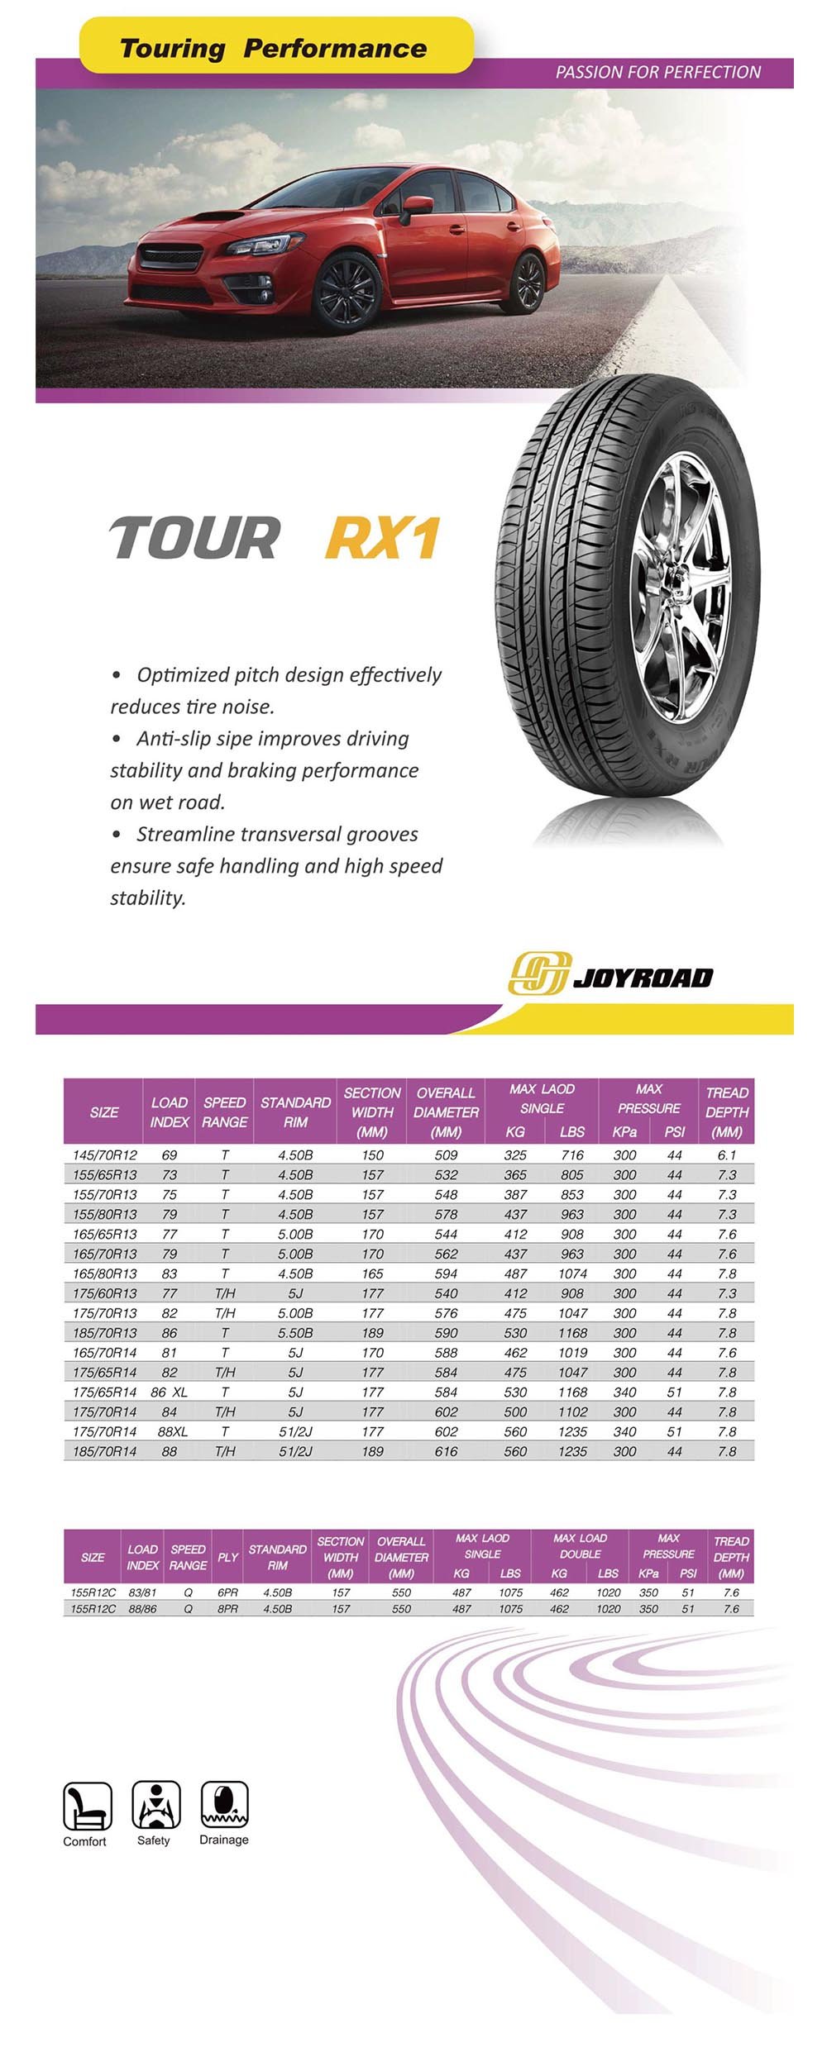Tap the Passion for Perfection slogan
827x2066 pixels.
pos(657,72)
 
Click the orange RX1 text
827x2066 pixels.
pos(382,538)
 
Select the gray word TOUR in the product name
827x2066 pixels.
pos(194,538)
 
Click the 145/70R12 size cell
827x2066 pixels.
pos(104,1154)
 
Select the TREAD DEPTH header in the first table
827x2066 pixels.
pos(727,1112)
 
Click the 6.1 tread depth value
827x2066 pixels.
pos(727,1154)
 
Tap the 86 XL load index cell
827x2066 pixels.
pos(170,1392)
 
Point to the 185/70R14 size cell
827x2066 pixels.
pos(104,1451)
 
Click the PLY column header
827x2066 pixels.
pos(227,1557)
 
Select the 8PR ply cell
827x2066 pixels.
pos(227,1608)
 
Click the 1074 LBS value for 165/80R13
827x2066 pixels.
pos(572,1273)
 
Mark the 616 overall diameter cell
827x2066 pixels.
pos(446,1451)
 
